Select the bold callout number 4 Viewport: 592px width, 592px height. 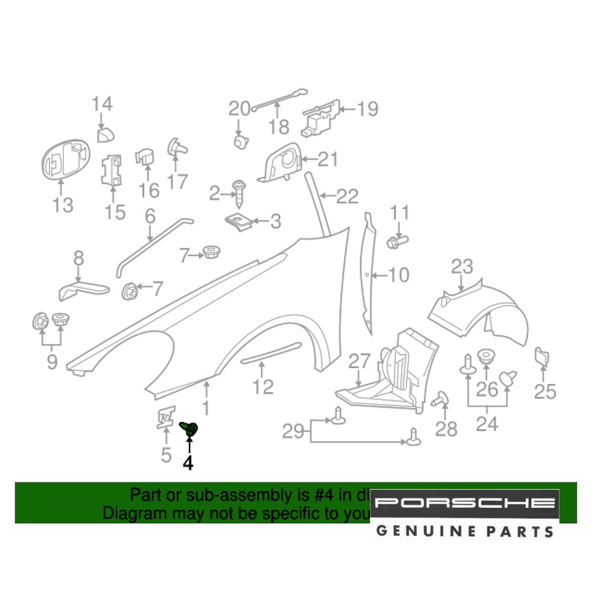click(188, 463)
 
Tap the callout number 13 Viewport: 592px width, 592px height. click(62, 205)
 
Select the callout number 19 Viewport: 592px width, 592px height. click(367, 109)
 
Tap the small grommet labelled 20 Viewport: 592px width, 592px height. click(240, 142)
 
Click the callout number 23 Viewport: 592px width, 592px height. click(462, 266)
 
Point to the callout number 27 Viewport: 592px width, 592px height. click(358, 361)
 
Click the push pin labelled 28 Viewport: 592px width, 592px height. click(440, 400)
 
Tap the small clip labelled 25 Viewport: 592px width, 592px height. click(542, 357)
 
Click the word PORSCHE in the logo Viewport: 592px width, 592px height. click(465, 503)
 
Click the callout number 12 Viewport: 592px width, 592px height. click(263, 387)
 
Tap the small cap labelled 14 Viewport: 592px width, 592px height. click(105, 135)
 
